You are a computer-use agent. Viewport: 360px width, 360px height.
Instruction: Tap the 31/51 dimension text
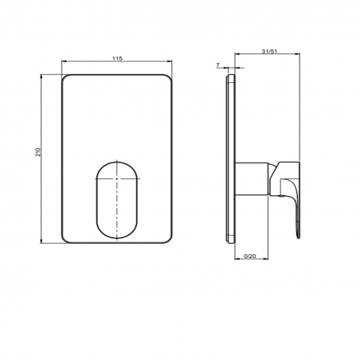click(268, 54)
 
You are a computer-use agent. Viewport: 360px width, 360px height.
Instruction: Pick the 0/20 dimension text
click(248, 254)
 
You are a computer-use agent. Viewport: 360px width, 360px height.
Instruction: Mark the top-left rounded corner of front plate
click(67, 80)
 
